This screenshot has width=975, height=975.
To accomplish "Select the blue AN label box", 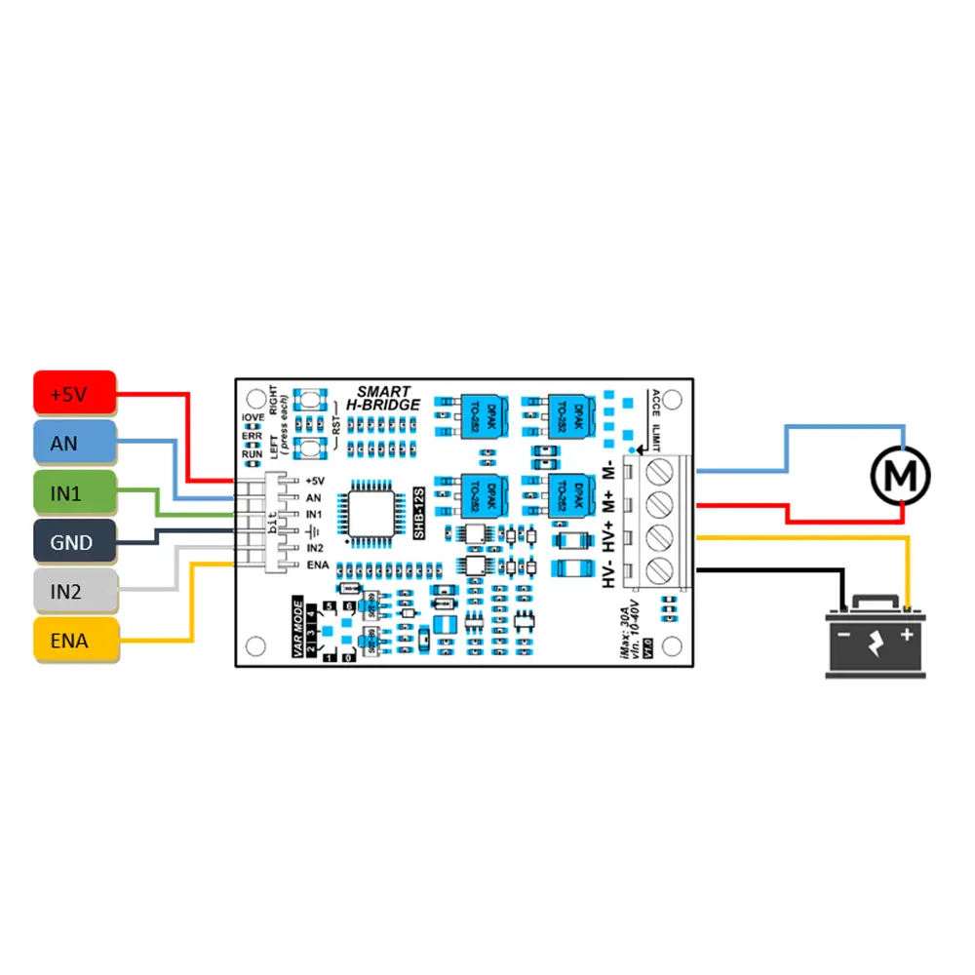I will point(75,445).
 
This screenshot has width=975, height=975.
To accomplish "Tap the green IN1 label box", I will point(75,493).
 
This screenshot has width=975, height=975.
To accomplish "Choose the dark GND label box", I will point(75,542).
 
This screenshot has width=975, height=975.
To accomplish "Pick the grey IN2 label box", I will point(75,591).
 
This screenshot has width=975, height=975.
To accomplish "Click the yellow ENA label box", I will point(75,641).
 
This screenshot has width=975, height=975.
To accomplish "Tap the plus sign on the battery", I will point(908,635).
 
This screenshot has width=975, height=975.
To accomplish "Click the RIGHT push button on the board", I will point(310,401).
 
